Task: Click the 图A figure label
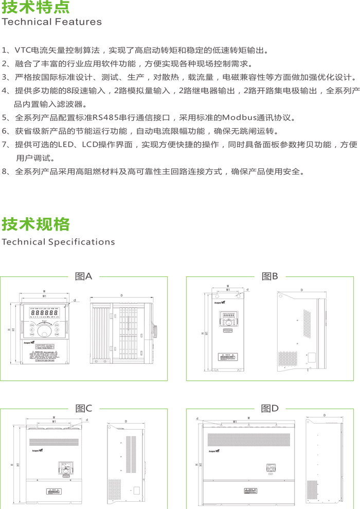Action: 83,276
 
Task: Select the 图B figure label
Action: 269,276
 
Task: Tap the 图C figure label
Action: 83,409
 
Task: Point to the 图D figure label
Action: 269,409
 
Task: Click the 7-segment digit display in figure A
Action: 43,312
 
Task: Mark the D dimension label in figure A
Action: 121,295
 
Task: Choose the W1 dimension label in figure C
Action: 54,422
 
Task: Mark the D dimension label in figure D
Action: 324,415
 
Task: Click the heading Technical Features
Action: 52,22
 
